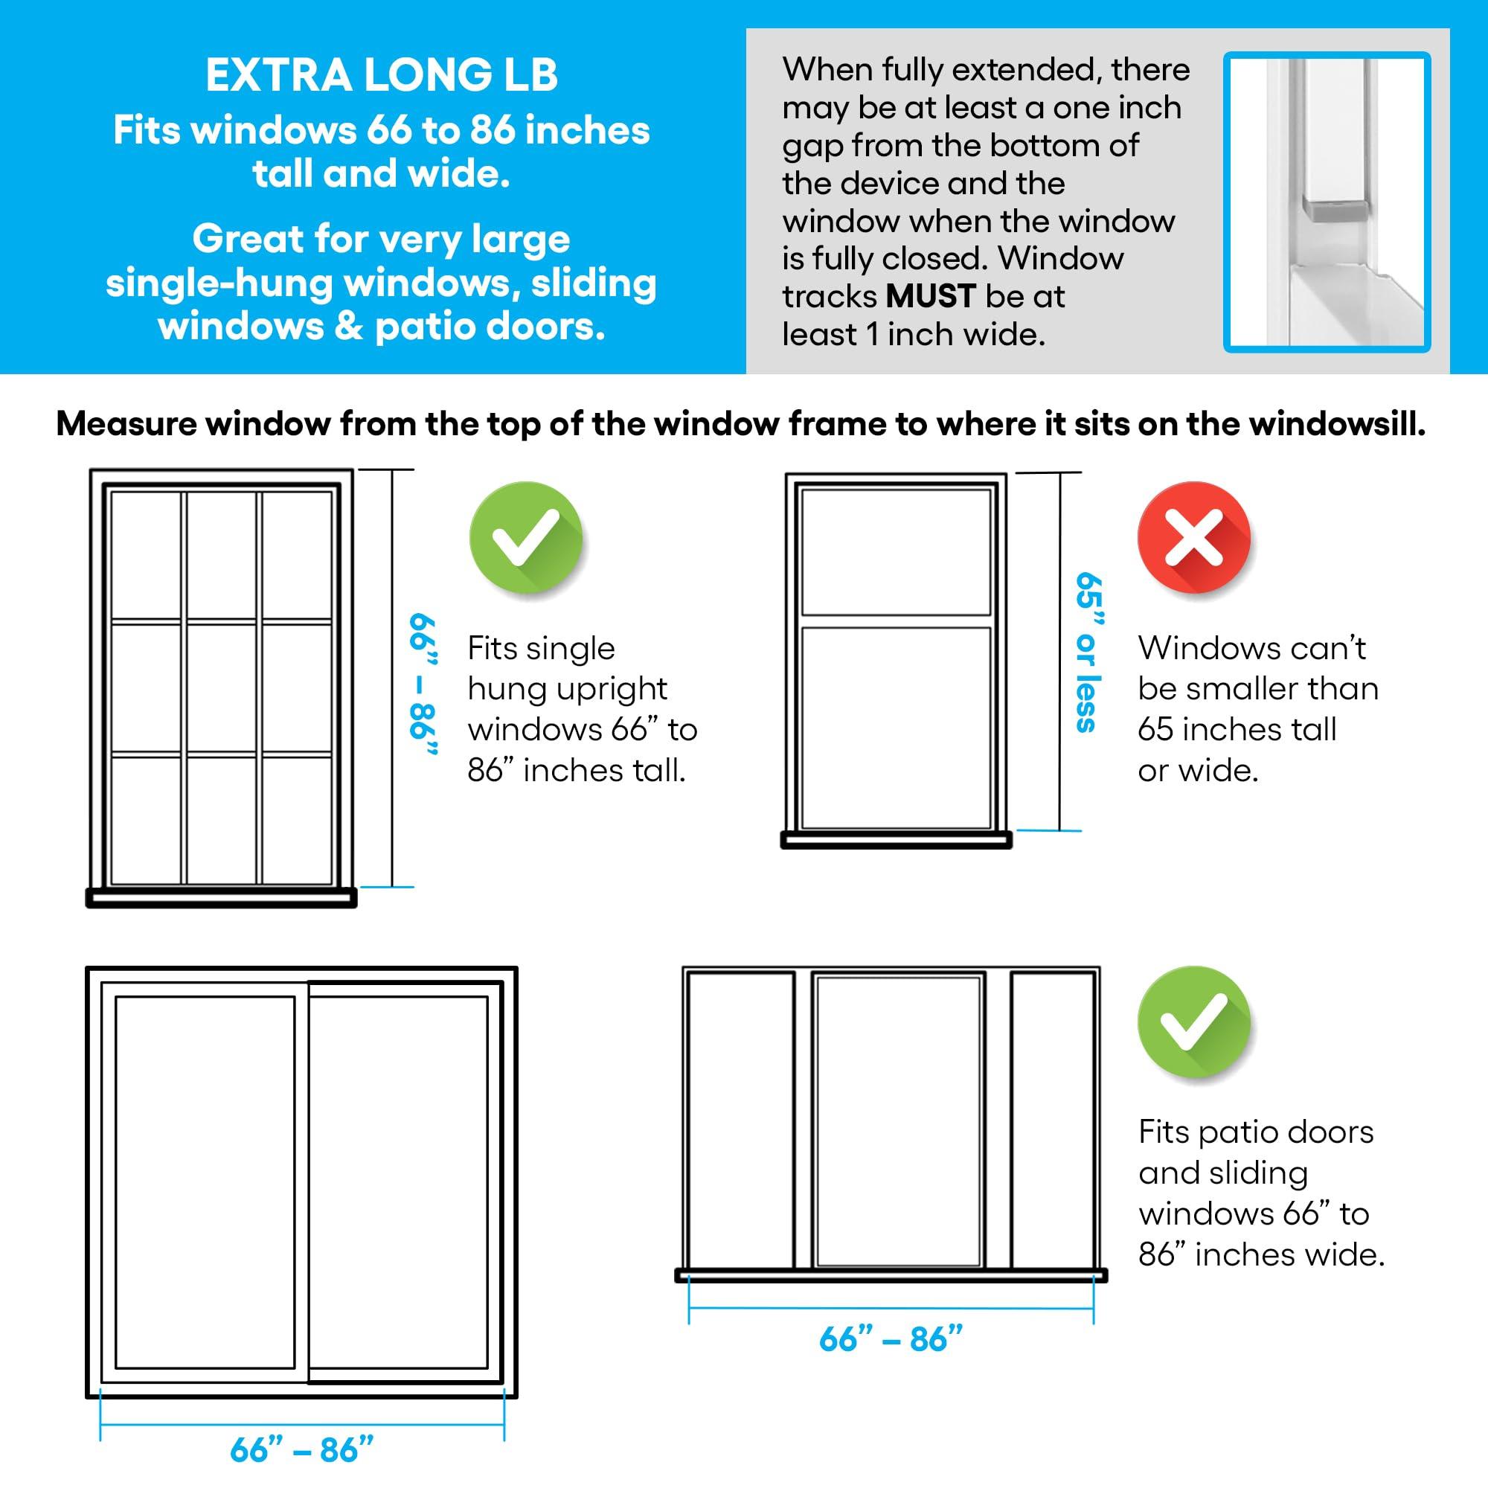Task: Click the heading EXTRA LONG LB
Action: click(x=381, y=75)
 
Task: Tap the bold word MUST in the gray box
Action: click(x=931, y=297)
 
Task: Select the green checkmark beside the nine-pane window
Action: click(x=525, y=538)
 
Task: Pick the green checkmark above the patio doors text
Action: click(x=1193, y=1022)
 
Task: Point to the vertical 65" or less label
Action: click(x=1088, y=652)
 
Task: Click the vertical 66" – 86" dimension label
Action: click(x=423, y=684)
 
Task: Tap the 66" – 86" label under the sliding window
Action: click(x=301, y=1449)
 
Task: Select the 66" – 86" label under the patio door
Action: click(x=891, y=1339)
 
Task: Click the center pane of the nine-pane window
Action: click(x=222, y=687)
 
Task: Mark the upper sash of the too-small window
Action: click(x=896, y=551)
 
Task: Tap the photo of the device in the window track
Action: click(x=1327, y=202)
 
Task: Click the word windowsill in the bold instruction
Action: click(x=1336, y=424)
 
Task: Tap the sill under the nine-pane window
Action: click(x=221, y=897)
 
